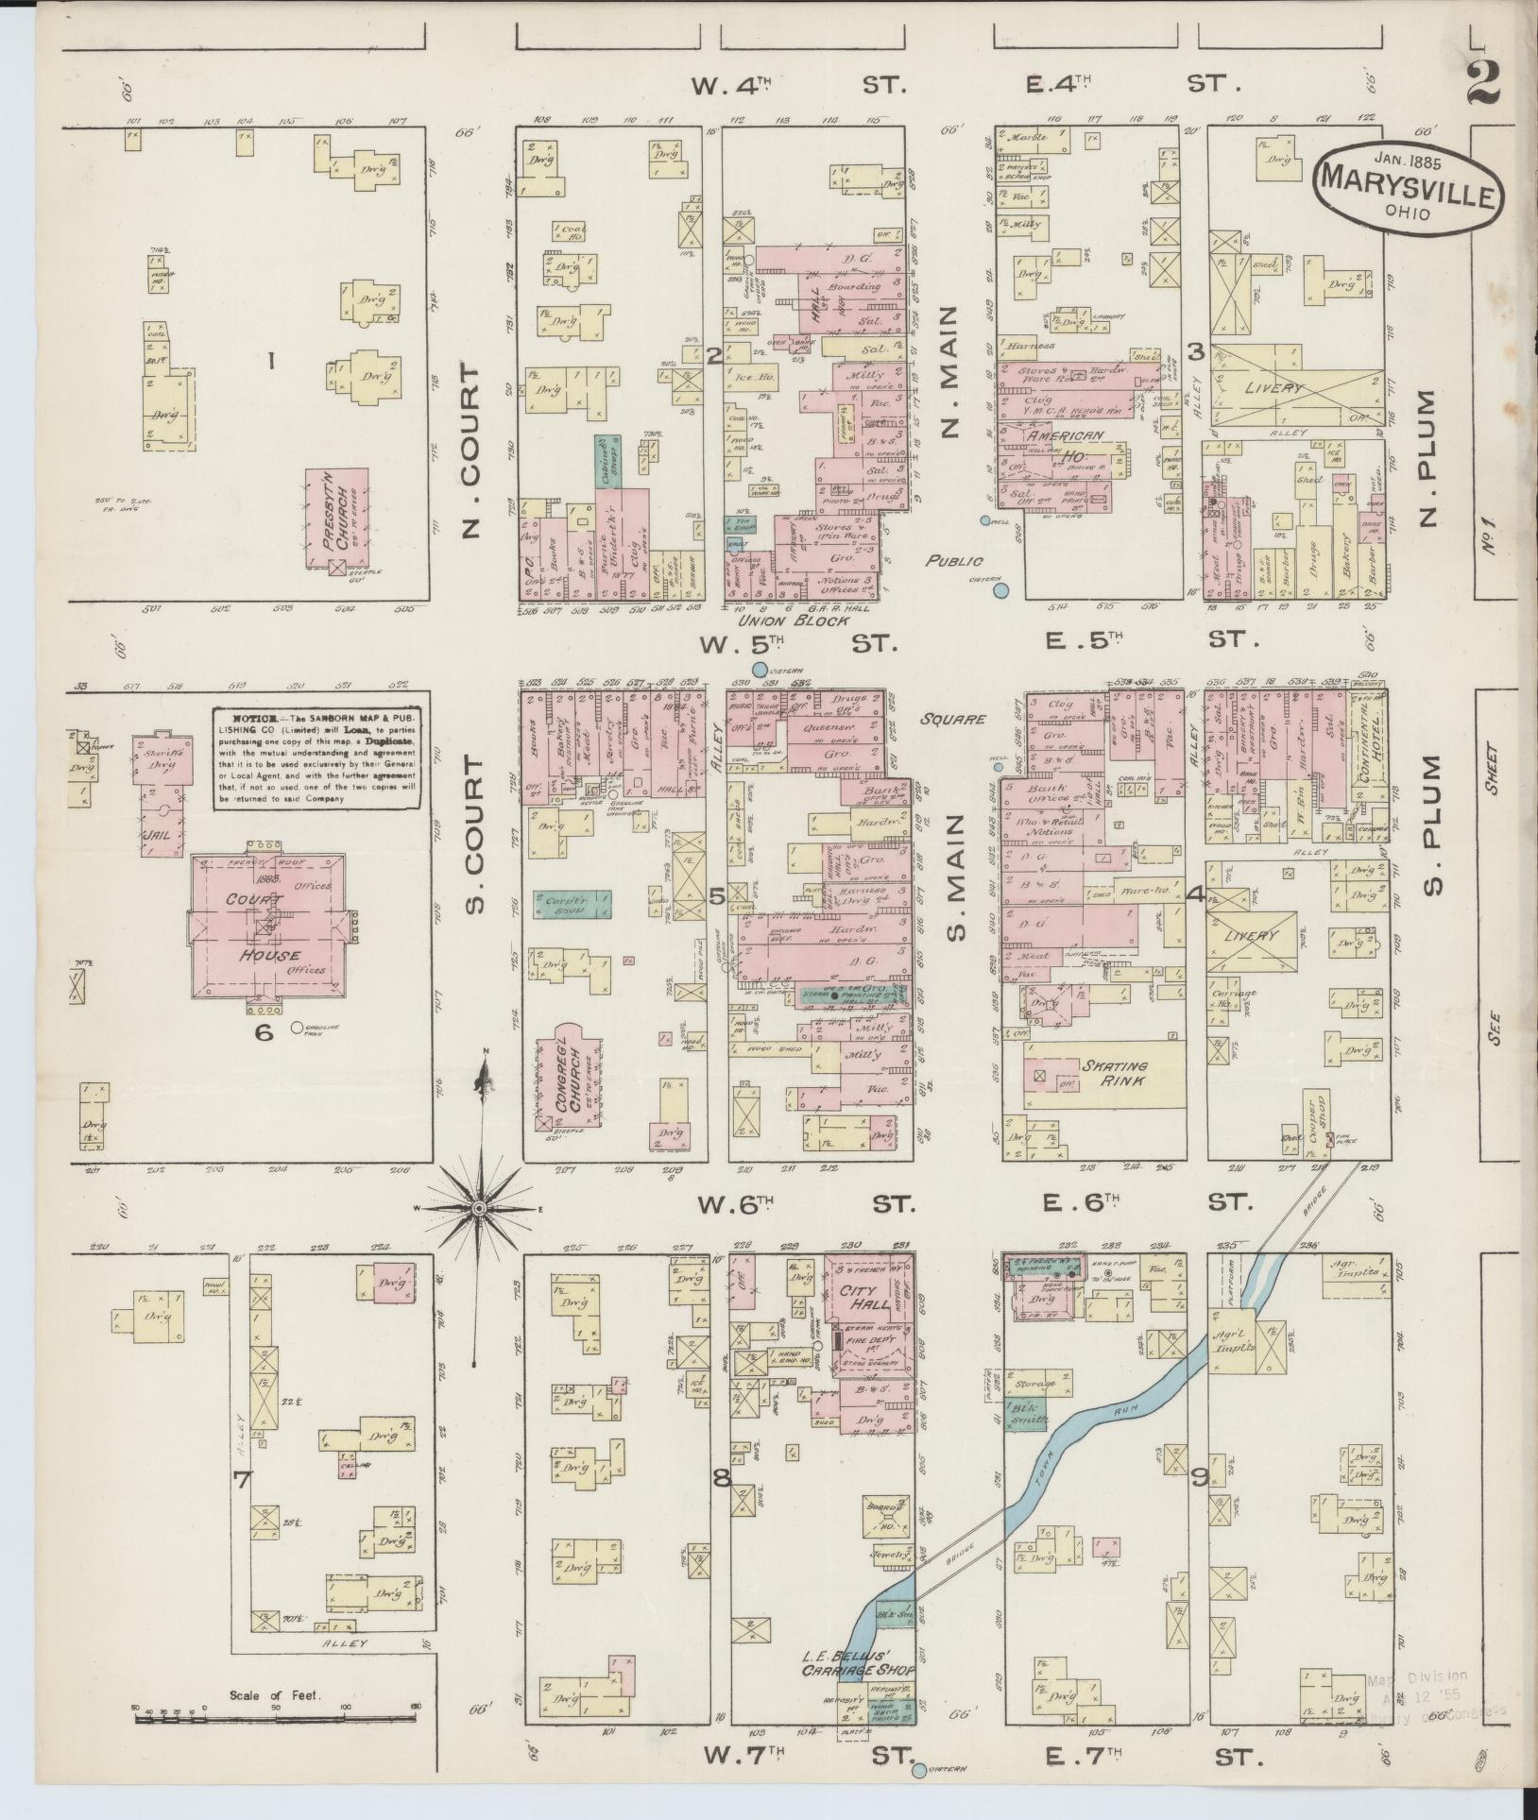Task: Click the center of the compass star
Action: click(480, 1208)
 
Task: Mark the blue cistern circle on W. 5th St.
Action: click(760, 669)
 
